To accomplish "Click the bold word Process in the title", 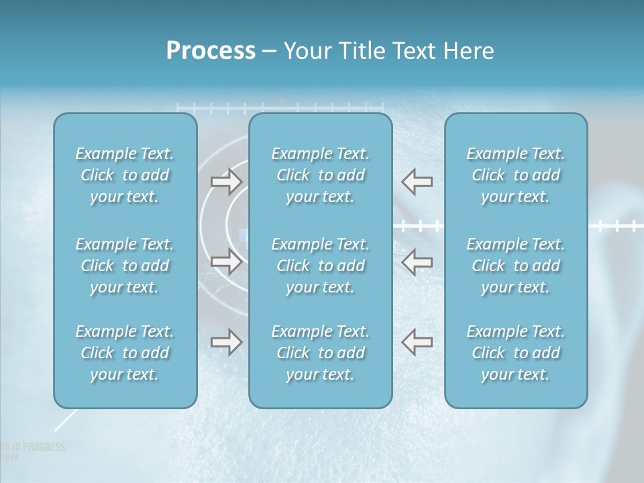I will (211, 51).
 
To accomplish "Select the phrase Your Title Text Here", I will (388, 51).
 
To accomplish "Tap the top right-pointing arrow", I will (226, 181).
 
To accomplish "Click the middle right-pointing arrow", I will (226, 262).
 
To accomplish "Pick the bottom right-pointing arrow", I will (226, 342).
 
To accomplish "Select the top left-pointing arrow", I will (417, 181).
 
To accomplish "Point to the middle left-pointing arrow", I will (417, 262).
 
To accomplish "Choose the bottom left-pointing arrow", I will (417, 342).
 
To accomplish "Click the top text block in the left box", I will (125, 175).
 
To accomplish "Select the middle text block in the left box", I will (125, 266).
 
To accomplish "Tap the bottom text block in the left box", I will (125, 353).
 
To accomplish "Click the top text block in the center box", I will (321, 175).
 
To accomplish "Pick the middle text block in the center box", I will (321, 266).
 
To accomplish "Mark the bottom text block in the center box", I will (321, 353).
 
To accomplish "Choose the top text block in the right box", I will (516, 175).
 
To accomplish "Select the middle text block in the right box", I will (516, 266).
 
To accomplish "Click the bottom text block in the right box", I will (516, 353).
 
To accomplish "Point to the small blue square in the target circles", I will (244, 235).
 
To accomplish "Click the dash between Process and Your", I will (269, 52).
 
